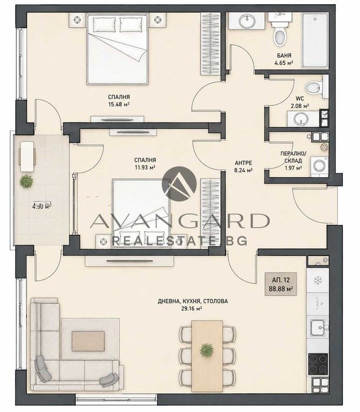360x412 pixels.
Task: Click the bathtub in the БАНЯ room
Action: click(315, 40)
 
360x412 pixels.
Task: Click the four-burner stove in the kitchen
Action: click(318, 364)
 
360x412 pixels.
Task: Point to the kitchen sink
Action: click(318, 327)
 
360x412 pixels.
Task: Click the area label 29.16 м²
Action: click(191, 308)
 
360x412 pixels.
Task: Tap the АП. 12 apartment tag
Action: click(281, 284)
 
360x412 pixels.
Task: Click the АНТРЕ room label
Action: click(243, 163)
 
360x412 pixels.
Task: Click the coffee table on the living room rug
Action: click(88, 341)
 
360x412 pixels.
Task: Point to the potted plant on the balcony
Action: click(26, 181)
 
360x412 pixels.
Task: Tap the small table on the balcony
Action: click(27, 157)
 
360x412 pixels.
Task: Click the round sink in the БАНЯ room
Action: click(247, 21)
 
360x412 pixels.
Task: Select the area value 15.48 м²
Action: click(119, 104)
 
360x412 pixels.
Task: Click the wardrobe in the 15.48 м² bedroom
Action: click(211, 44)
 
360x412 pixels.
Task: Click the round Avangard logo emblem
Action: click(179, 184)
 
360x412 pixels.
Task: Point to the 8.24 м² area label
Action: click(243, 170)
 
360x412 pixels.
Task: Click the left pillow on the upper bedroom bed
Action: click(105, 25)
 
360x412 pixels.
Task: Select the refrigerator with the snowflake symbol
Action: click(318, 280)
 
